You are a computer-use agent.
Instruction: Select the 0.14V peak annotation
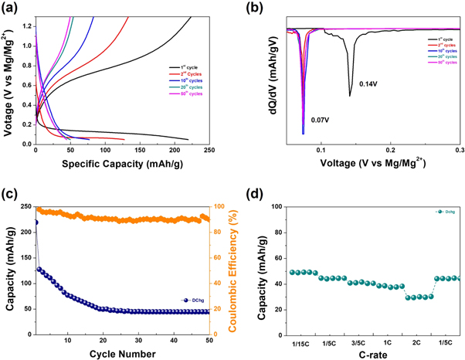click(370, 83)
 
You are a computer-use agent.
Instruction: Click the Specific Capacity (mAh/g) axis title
click(112, 164)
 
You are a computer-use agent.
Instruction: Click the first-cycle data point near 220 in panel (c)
click(36, 222)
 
